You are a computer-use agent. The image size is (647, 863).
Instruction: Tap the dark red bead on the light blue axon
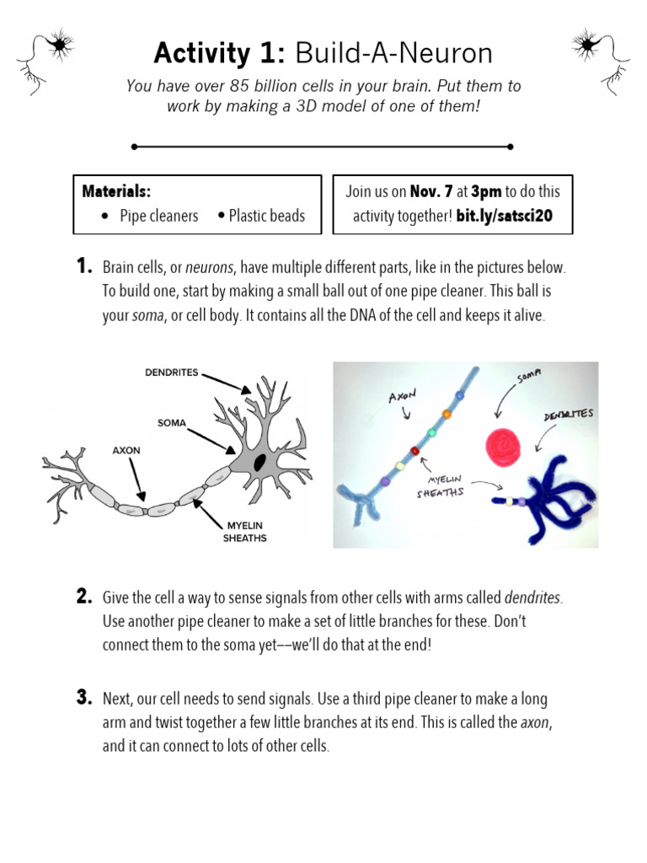tap(414, 451)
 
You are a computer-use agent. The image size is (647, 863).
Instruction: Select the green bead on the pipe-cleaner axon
tap(432, 431)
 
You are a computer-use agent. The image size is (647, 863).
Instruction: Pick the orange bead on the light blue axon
tap(446, 413)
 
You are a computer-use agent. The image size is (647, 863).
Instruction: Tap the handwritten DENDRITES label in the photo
tap(569, 415)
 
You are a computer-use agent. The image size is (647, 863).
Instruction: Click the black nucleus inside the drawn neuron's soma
tap(260, 461)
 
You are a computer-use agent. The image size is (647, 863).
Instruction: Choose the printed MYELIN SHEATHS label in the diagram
tap(245, 531)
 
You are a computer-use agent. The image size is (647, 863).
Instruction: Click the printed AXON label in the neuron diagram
tap(126, 451)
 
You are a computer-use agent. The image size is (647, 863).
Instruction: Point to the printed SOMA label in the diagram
tap(172, 421)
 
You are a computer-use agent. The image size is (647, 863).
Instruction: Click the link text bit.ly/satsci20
tap(504, 216)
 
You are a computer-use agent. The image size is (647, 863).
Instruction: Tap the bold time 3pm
tap(485, 191)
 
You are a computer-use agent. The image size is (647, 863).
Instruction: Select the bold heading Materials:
tap(116, 191)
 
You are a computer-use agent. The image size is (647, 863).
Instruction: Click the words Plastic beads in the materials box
tap(266, 216)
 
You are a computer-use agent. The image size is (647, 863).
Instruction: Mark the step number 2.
tap(83, 597)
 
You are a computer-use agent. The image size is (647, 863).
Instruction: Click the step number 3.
tap(83, 697)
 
